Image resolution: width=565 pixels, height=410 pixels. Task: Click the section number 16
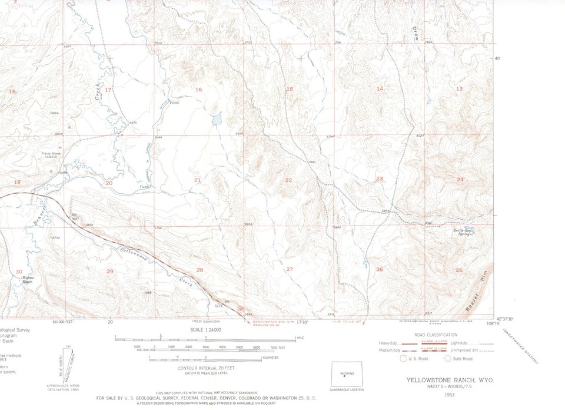pyautogui.click(x=199, y=90)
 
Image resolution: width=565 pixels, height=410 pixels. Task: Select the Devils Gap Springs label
pyautogui.click(x=463, y=233)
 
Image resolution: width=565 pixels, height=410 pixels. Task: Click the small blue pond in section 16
pyautogui.click(x=215, y=120)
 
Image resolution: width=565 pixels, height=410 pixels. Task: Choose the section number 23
pyautogui.click(x=380, y=178)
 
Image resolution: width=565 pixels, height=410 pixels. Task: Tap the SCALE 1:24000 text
pyautogui.click(x=205, y=330)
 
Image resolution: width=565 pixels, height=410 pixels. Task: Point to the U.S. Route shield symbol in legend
pyautogui.click(x=403, y=358)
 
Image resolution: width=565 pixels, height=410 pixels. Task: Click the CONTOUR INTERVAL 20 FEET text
pyautogui.click(x=205, y=368)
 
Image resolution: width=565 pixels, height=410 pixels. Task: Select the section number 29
pyautogui.click(x=109, y=271)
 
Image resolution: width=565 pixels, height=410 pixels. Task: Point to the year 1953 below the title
pyautogui.click(x=450, y=394)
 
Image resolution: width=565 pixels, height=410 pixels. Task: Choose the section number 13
pyautogui.click(x=459, y=88)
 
